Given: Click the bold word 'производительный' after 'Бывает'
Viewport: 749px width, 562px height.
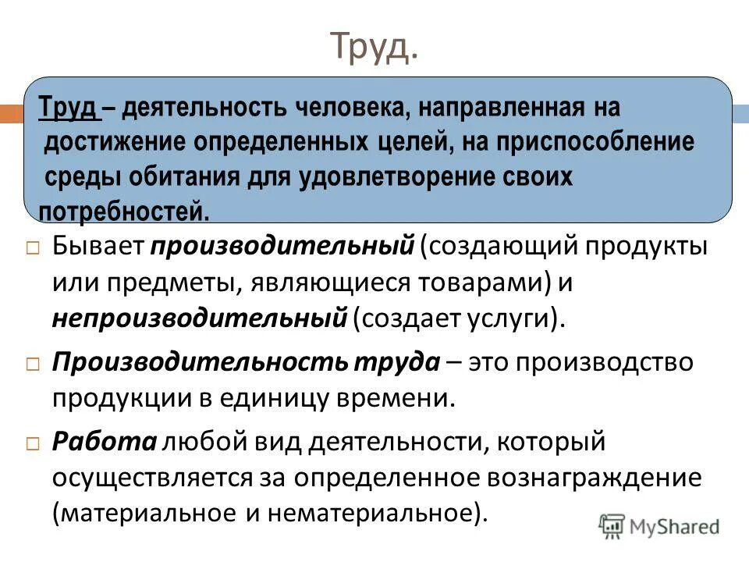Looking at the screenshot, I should tap(282, 247).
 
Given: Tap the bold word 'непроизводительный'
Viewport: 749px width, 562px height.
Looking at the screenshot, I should tap(199, 318).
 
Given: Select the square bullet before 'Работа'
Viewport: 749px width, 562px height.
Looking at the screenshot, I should tap(32, 443).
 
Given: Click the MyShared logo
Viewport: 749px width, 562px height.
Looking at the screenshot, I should tap(659, 526).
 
